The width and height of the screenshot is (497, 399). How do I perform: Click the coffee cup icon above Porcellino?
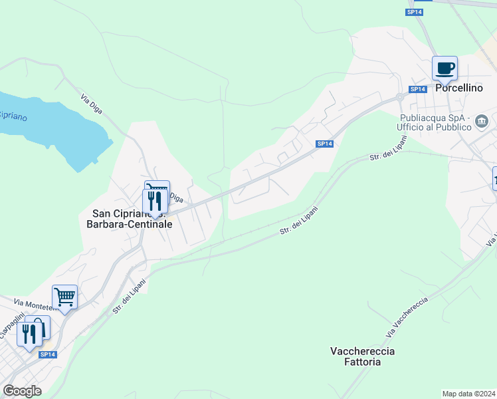[x=445, y=68]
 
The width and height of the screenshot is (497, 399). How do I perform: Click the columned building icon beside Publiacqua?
[x=482, y=121]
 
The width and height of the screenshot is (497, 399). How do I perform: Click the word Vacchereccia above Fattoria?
[x=363, y=350]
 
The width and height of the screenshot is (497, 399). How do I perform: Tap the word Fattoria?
[x=363, y=362]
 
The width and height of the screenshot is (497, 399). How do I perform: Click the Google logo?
[x=22, y=390]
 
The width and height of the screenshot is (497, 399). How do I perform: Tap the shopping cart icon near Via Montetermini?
[x=64, y=297]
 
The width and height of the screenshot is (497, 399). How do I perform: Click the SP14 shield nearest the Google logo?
[x=47, y=355]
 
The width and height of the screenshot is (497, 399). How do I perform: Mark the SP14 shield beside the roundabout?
[x=417, y=89]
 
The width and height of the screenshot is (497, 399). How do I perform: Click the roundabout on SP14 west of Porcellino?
[x=400, y=97]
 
